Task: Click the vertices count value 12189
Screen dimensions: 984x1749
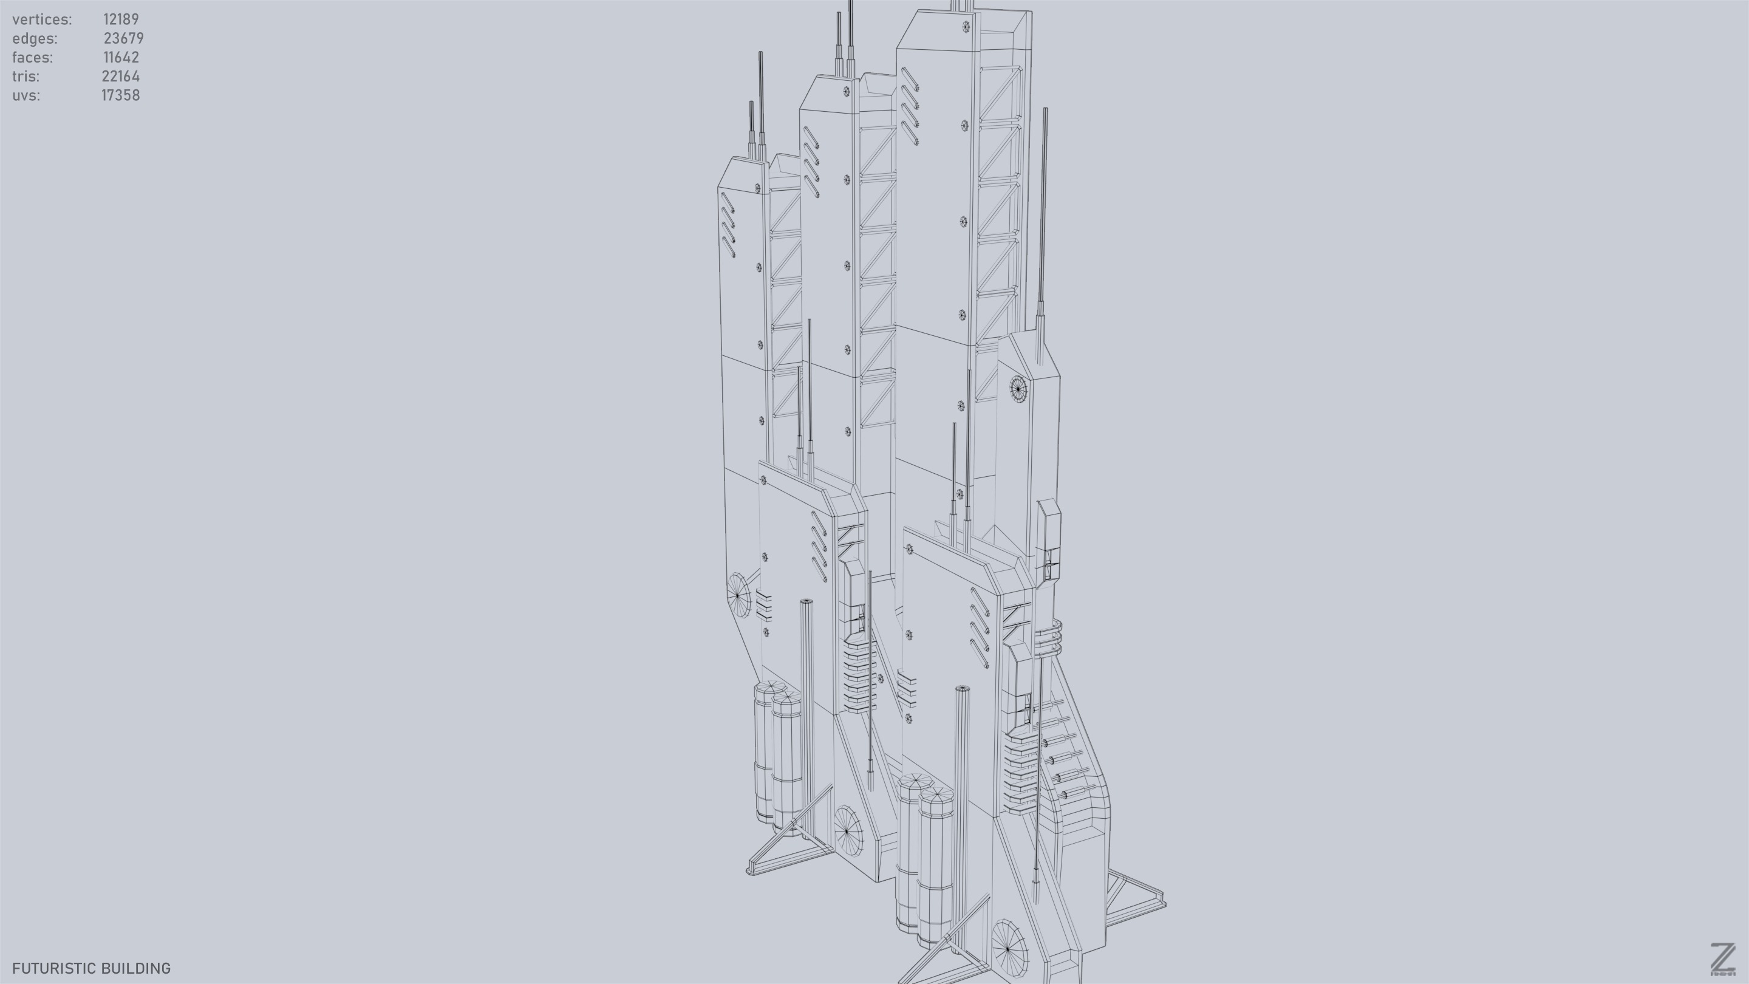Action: pyautogui.click(x=121, y=19)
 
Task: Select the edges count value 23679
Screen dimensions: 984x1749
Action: pyautogui.click(x=123, y=38)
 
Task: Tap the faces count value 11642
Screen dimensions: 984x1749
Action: pyautogui.click(x=121, y=57)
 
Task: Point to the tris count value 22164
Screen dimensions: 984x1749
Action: pyautogui.click(x=121, y=76)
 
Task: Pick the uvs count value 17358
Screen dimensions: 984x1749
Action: pyautogui.click(x=121, y=95)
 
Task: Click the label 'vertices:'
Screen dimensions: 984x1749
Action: pyautogui.click(x=42, y=19)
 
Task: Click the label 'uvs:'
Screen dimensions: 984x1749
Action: pyautogui.click(x=26, y=95)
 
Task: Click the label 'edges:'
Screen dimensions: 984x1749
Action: pyautogui.click(x=35, y=38)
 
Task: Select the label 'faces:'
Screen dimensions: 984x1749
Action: pyautogui.click(x=33, y=57)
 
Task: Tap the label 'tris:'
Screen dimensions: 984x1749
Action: pyautogui.click(x=26, y=76)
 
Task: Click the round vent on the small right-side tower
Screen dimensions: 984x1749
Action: pyautogui.click(x=1018, y=389)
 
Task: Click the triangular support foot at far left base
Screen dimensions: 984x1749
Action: pyautogui.click(x=781, y=856)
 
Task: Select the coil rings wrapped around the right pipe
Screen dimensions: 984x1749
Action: pyautogui.click(x=1048, y=637)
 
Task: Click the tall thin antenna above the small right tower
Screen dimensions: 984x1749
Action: pyautogui.click(x=1043, y=217)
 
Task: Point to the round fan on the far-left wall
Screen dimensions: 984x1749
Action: pyautogui.click(x=738, y=595)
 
